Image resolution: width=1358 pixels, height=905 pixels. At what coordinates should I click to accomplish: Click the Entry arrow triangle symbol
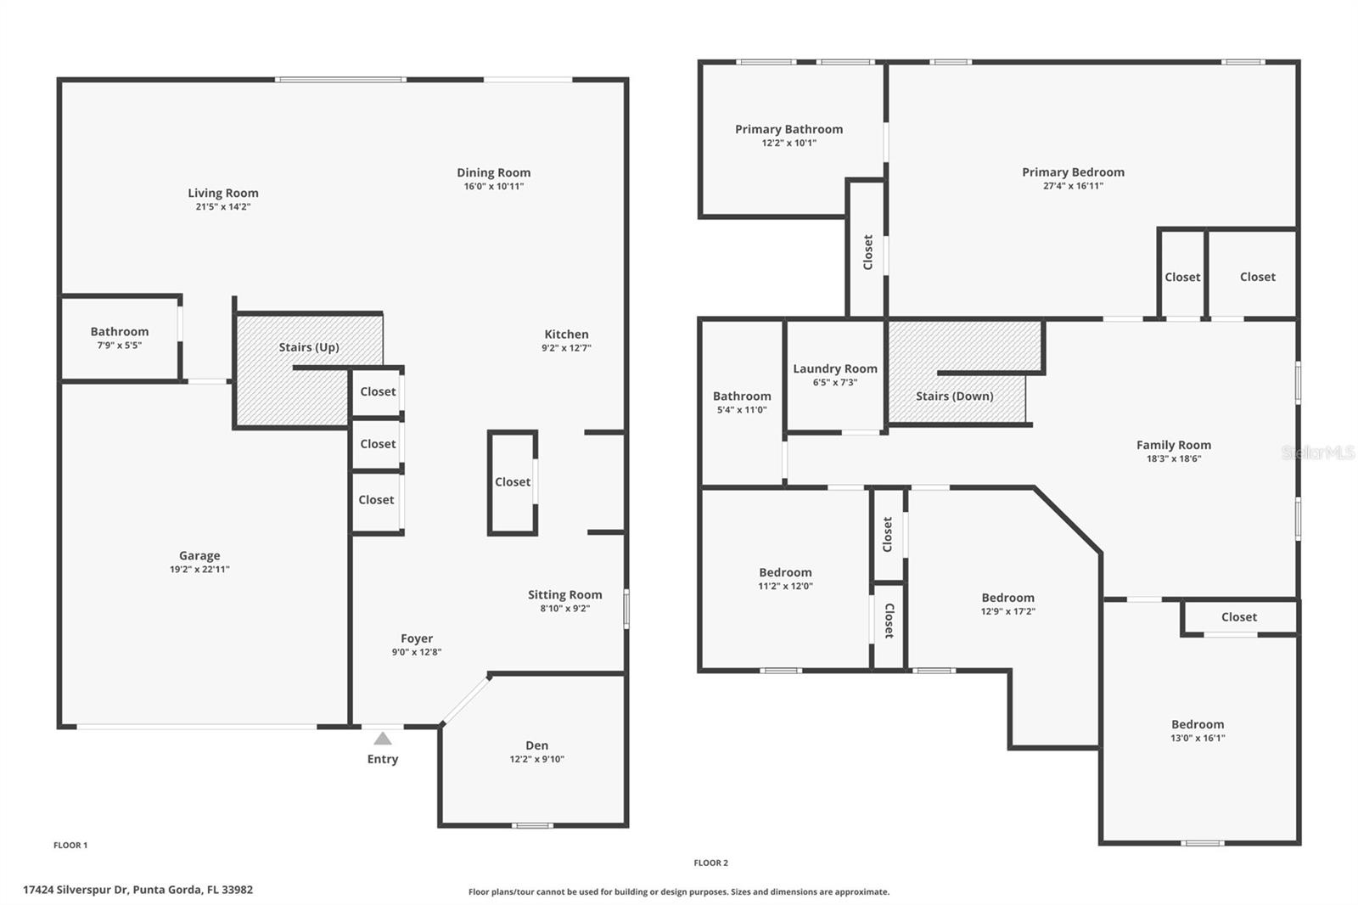[383, 739]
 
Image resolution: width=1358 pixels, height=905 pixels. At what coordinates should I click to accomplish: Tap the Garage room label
[199, 556]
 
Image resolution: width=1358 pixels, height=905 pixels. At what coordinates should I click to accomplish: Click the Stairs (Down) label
[954, 396]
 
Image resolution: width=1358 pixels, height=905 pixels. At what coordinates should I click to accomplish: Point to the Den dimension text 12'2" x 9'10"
[536, 760]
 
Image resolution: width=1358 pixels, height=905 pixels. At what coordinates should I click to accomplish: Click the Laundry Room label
[835, 369]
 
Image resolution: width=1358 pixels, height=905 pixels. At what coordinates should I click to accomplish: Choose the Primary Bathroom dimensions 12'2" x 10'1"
[788, 143]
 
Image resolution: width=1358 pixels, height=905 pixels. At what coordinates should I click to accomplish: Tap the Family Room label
[1173, 445]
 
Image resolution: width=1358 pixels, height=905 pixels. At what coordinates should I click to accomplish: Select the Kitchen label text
[566, 334]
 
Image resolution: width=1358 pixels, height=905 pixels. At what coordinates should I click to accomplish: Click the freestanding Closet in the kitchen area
[513, 482]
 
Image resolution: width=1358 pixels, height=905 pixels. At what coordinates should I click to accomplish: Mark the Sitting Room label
[564, 595]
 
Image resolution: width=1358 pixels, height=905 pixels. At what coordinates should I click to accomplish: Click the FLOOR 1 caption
[70, 846]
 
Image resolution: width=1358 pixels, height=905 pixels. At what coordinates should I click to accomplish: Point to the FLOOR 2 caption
[710, 863]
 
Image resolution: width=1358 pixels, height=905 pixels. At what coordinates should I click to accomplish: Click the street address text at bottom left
[137, 890]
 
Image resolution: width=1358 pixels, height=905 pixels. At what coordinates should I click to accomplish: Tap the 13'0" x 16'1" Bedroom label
[1197, 725]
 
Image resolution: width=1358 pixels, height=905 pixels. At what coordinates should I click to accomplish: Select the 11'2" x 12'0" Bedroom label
[785, 573]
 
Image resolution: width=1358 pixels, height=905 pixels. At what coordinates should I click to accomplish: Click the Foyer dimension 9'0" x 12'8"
[416, 653]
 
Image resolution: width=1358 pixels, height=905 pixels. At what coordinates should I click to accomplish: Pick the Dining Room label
[493, 173]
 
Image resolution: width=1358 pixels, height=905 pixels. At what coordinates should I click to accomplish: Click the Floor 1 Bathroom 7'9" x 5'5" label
[120, 332]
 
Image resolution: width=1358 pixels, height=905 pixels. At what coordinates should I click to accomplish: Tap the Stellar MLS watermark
[1317, 452]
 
